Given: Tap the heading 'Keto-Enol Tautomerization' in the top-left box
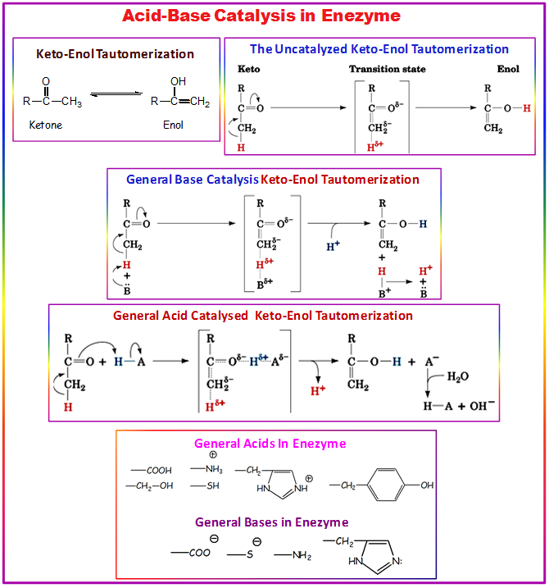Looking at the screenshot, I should tap(116, 54).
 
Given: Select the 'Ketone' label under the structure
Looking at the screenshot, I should tap(46, 125).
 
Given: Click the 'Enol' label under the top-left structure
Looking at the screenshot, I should tap(173, 125).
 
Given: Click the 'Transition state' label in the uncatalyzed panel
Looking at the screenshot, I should tap(388, 69).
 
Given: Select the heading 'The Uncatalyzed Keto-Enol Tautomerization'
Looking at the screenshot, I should tap(379, 49).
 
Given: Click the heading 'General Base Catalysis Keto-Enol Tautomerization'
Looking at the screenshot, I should tap(273, 180).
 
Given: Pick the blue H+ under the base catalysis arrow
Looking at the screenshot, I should tap(333, 244).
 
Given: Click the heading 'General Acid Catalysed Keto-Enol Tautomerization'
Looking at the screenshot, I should tap(263, 315).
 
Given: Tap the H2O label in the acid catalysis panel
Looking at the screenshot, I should tap(459, 376).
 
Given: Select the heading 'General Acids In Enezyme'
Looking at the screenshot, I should tap(270, 444).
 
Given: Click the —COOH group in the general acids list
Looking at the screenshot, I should tap(152, 471).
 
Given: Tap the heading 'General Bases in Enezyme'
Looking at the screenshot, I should tap(272, 522).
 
